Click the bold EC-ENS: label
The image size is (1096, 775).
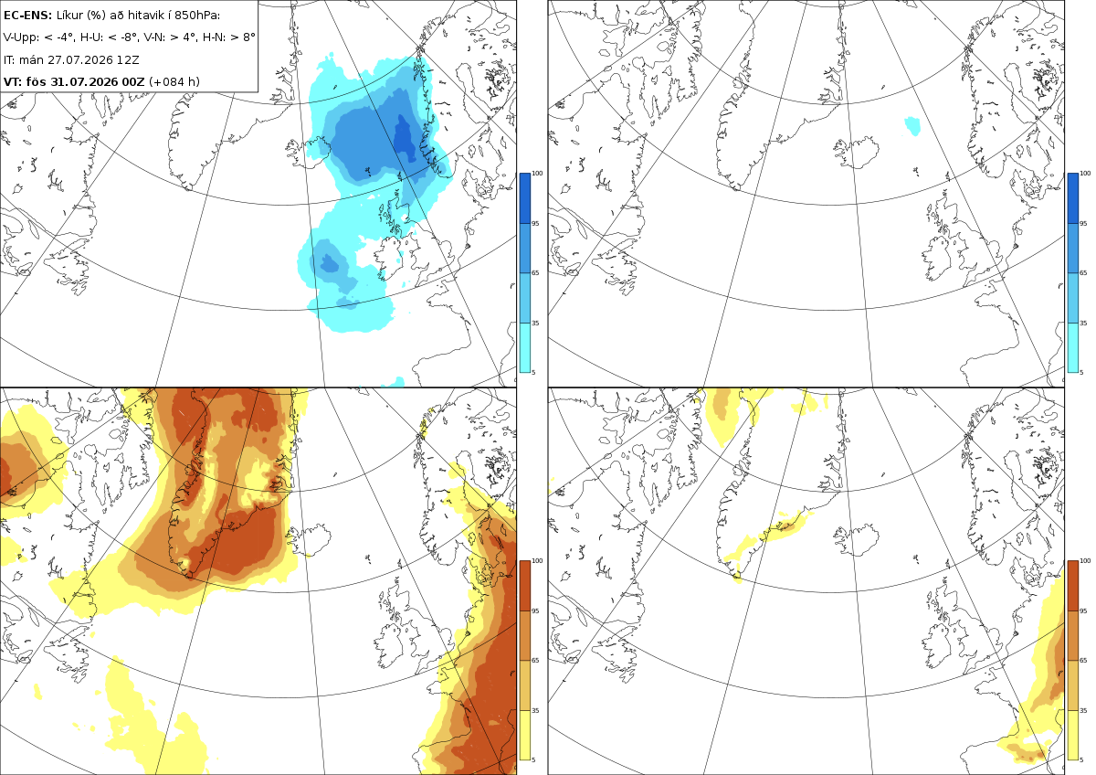(x=27, y=16)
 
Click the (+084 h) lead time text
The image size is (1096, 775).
(x=174, y=81)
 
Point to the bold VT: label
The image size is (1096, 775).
(x=13, y=81)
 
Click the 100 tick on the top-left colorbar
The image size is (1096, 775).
(x=537, y=174)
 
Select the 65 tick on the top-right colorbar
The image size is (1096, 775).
(x=1083, y=272)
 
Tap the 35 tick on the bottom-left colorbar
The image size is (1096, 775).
(x=535, y=710)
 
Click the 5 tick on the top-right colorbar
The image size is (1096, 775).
(x=1081, y=373)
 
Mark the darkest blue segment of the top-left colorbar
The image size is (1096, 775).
(x=524, y=198)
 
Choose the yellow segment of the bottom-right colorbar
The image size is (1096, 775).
(x=1073, y=735)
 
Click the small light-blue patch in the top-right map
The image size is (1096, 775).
(x=912, y=126)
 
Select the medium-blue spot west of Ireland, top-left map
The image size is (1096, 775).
(x=329, y=263)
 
